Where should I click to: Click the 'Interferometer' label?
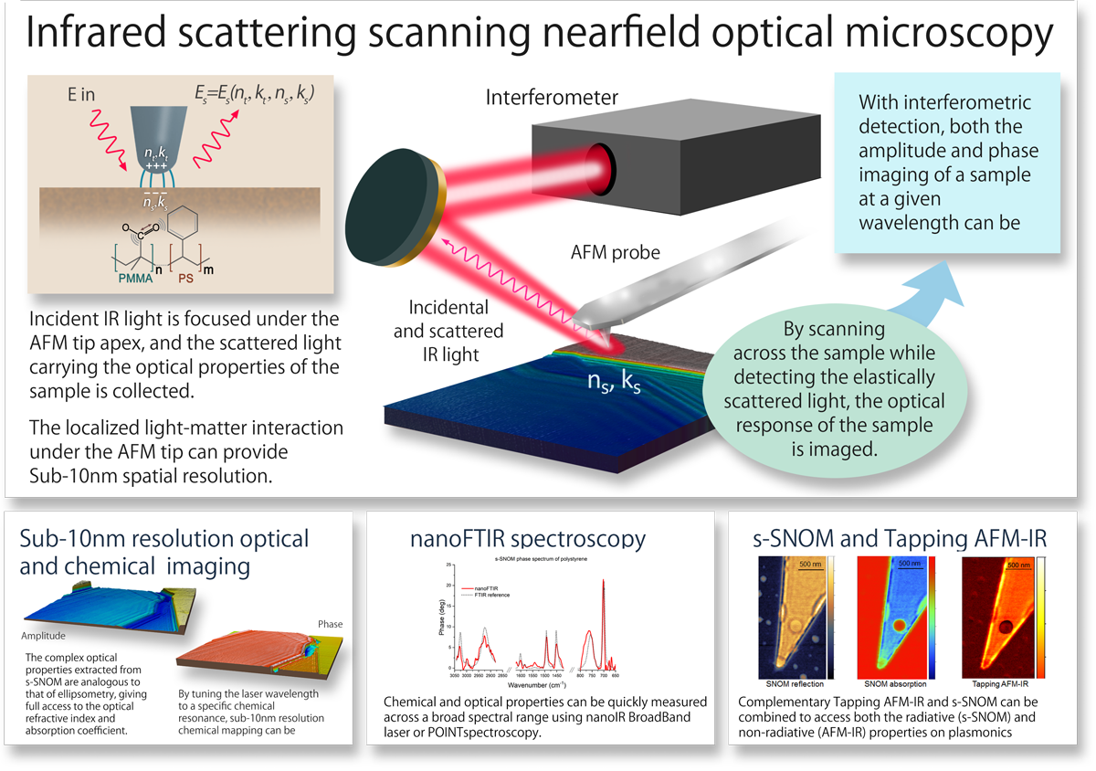pos(552,97)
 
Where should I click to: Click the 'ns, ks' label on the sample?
pos(613,382)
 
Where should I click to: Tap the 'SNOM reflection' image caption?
pos(795,684)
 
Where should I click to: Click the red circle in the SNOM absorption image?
pos(900,626)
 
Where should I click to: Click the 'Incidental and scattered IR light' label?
pos(448,331)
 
